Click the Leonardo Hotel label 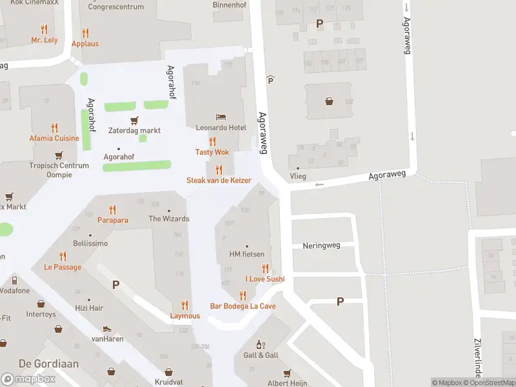221,128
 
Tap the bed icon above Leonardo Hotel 221,117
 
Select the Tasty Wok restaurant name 212,152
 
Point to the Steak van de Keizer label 219,181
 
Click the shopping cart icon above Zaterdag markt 134,120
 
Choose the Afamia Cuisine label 54,138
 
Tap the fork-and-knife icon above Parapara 113,210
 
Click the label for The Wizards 169,219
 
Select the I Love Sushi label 264,279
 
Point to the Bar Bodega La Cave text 243,306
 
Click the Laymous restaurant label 185,316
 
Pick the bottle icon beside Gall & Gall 261,345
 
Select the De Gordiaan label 39,364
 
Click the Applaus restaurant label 85,44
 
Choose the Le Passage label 63,266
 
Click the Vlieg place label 297,176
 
